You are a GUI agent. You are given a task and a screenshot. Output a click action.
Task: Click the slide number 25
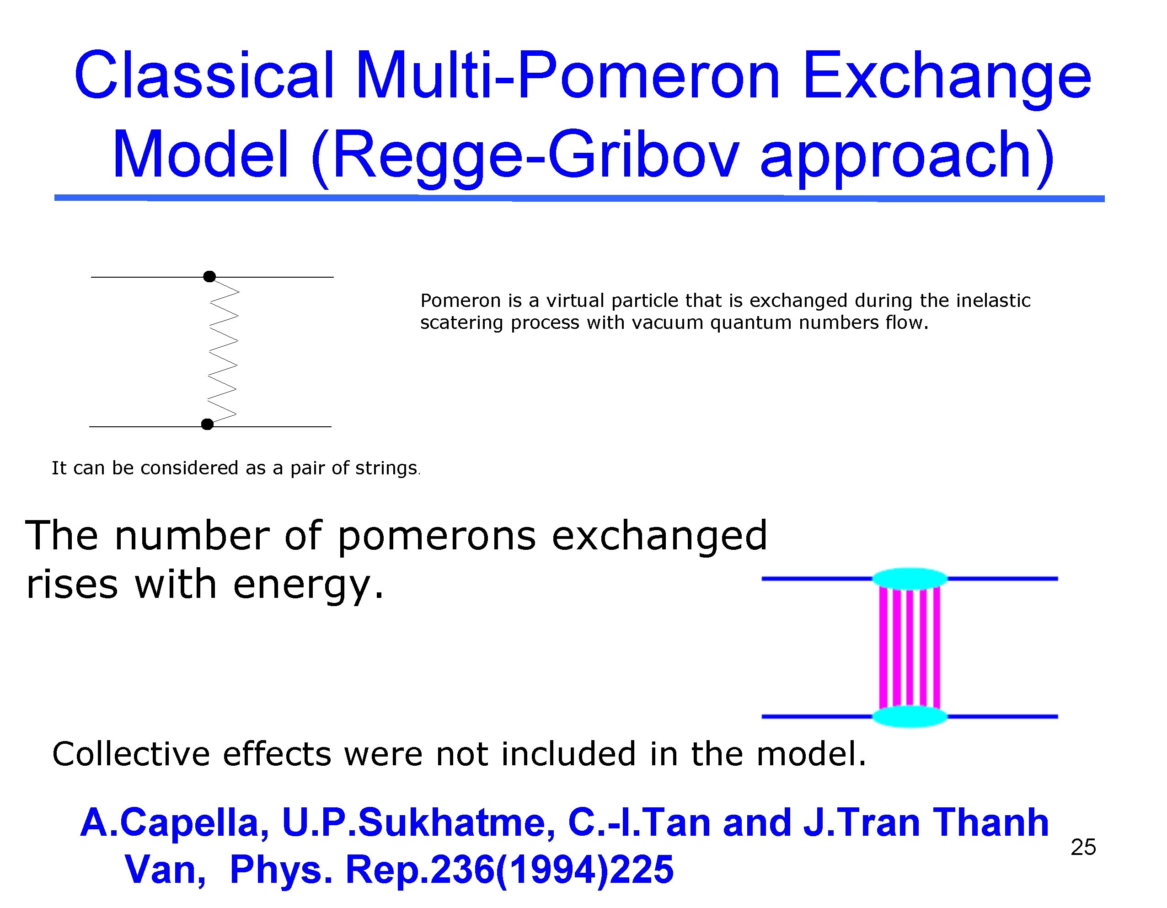pos(1083,847)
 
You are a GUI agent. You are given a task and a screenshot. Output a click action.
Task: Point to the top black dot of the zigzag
pos(209,276)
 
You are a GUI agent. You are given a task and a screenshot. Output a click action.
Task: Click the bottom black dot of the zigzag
pos(207,424)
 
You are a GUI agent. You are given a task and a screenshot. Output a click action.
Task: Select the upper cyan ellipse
pos(910,579)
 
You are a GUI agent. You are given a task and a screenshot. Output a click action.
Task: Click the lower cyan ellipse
pos(910,716)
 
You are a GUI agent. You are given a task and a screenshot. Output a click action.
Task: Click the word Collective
pos(131,754)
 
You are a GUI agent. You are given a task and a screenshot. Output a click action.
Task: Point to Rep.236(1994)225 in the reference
pos(509,870)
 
